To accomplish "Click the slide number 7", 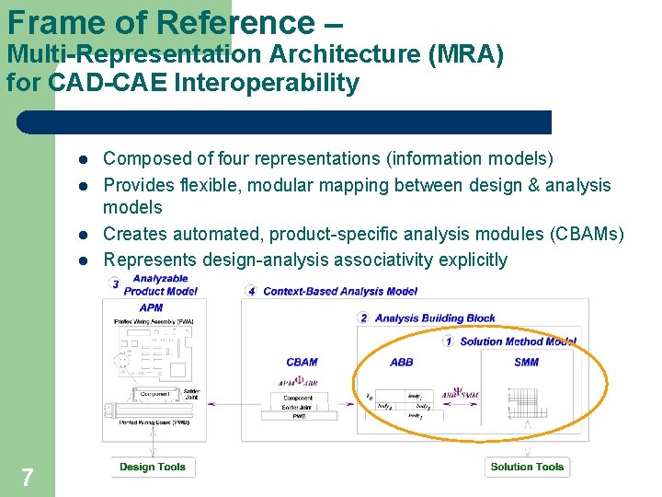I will pos(28,477).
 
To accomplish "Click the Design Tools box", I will pos(153,467).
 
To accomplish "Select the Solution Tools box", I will pos(527,467).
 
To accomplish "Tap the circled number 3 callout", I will pos(115,284).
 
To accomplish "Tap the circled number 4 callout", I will pos(252,291).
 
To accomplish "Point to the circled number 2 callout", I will pos(363,318).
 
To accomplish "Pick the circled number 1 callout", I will pos(448,341).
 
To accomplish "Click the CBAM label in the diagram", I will pos(302,363).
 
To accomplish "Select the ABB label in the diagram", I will pos(402,363).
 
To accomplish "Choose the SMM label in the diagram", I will pos(527,363).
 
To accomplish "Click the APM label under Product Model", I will pos(152,307).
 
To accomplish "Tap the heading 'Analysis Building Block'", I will pos(435,318).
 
